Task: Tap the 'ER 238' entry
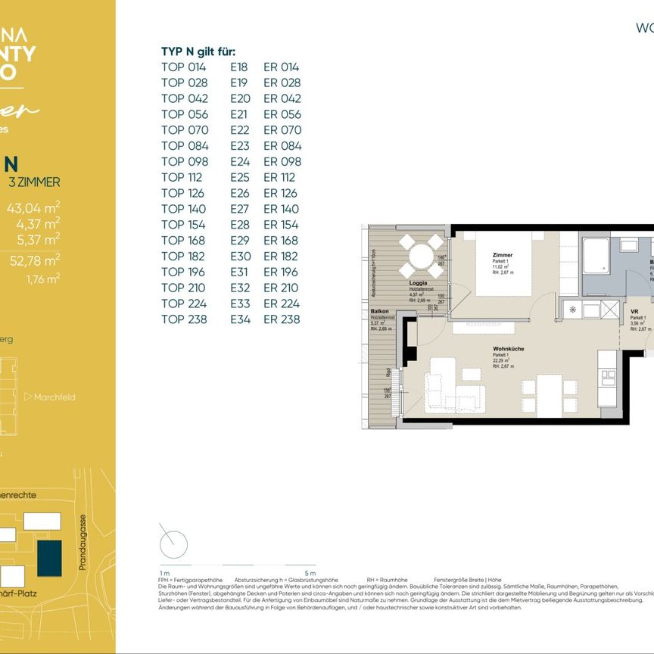point(282,319)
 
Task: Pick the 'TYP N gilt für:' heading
point(198,51)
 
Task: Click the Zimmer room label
point(502,256)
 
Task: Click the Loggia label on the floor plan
point(419,282)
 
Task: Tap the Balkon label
point(379,312)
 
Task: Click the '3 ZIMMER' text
point(34,182)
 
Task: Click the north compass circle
point(173,543)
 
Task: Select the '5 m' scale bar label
point(310,573)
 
